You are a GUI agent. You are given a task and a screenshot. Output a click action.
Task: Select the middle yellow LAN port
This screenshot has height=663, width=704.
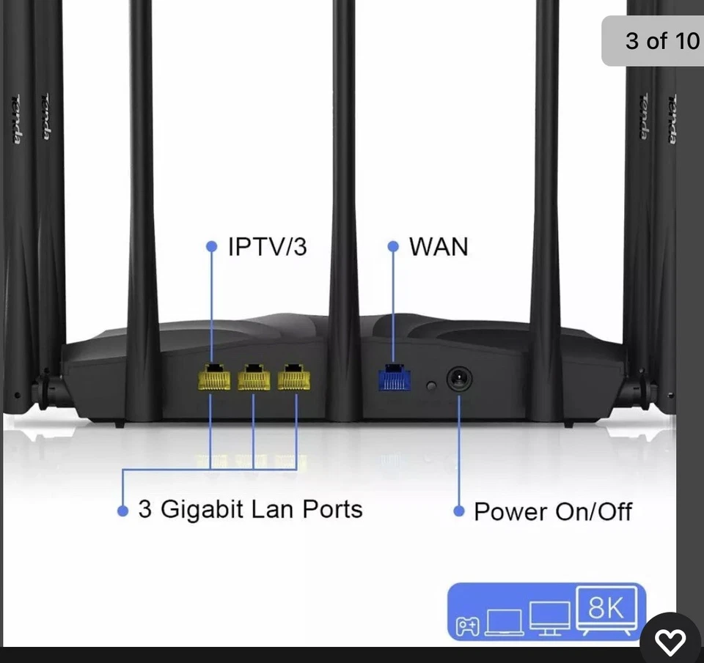pyautogui.click(x=254, y=377)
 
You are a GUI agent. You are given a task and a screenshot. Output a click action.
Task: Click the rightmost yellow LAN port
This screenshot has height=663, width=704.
pyautogui.click(x=294, y=377)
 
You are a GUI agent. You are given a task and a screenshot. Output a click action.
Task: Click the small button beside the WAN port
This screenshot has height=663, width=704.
pyautogui.click(x=431, y=385)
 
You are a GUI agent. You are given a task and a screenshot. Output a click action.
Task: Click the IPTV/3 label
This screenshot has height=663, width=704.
pyautogui.click(x=267, y=247)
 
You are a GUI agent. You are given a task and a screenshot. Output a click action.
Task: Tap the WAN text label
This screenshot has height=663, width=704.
pyautogui.click(x=438, y=247)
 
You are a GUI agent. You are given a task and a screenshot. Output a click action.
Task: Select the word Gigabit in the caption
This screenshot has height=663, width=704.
pyautogui.click(x=202, y=508)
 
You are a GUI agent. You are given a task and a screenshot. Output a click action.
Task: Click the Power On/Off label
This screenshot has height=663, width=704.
pyautogui.click(x=553, y=511)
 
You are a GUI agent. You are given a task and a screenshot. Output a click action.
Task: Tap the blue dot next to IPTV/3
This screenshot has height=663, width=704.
pyautogui.click(x=212, y=247)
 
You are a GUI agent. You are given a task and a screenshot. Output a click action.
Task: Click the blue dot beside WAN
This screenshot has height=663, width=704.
pyautogui.click(x=393, y=247)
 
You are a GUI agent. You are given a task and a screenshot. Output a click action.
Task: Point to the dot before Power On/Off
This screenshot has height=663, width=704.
pyautogui.click(x=459, y=511)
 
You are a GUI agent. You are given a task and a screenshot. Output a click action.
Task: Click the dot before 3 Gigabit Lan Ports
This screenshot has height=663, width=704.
pyautogui.click(x=122, y=510)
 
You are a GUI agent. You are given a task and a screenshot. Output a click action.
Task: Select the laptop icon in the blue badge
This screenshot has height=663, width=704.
pyautogui.click(x=504, y=622)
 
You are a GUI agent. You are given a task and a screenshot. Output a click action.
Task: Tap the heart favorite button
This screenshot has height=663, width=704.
pyautogui.click(x=670, y=642)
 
